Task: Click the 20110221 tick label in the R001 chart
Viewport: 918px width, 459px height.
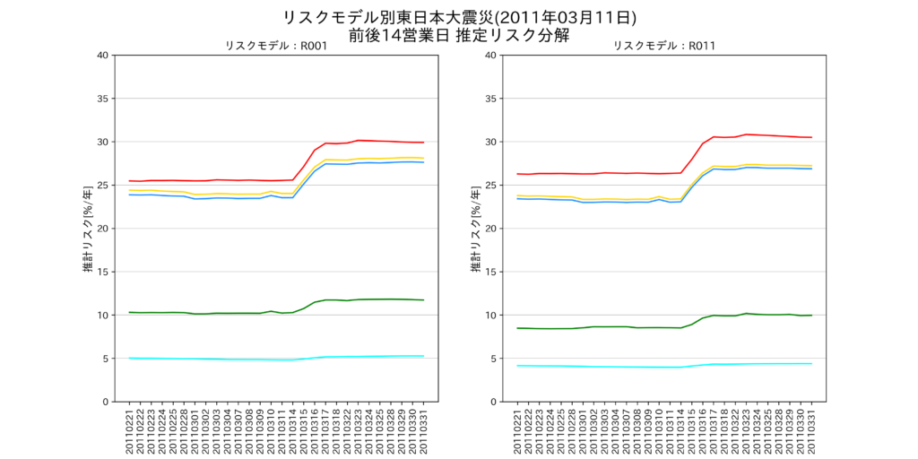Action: pyautogui.click(x=130, y=429)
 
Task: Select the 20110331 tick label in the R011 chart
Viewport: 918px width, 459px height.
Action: pyautogui.click(x=811, y=429)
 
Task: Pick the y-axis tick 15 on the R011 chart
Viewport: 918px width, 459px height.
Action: pyautogui.click(x=490, y=272)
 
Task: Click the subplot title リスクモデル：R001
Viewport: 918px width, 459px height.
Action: pyautogui.click(x=275, y=46)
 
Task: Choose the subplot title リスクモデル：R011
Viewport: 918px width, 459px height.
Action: pyautogui.click(x=663, y=46)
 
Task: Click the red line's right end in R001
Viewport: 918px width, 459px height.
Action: pyautogui.click(x=423, y=143)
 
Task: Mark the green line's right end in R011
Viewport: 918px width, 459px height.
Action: pyautogui.click(x=811, y=315)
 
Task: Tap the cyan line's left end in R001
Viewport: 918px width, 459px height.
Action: pyautogui.click(x=130, y=358)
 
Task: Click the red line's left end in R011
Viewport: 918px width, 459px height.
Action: pyautogui.click(x=518, y=174)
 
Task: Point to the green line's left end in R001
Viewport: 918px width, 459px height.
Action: pyautogui.click(x=130, y=312)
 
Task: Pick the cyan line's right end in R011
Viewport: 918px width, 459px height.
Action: pyautogui.click(x=811, y=363)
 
